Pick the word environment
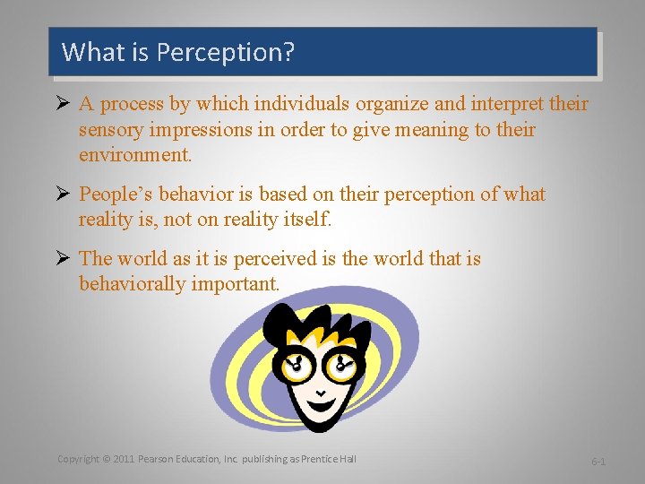coord(135,155)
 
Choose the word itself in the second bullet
coord(306,220)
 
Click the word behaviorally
coord(133,284)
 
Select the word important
coord(236,284)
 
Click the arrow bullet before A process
coord(64,105)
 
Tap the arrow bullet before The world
coord(64,259)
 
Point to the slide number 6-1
coord(598,461)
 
